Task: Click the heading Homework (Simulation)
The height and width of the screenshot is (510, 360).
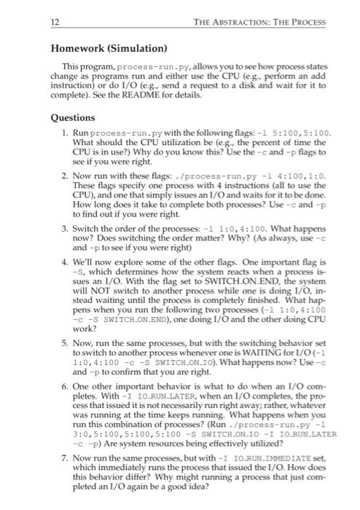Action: (x=109, y=49)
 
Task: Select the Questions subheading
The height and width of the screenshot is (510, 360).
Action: (x=72, y=117)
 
